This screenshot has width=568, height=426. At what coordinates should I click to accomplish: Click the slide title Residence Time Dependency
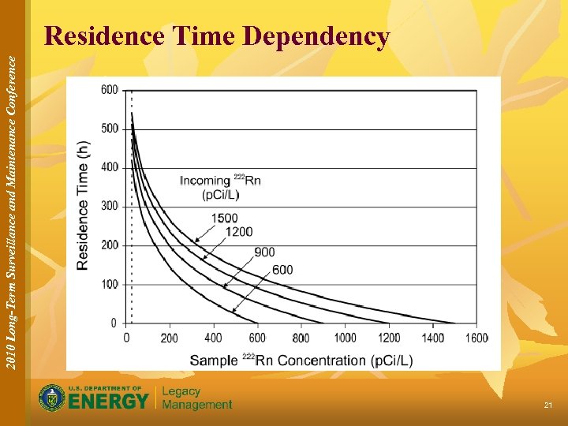tap(217, 36)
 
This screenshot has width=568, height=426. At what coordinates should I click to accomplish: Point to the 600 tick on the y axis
tap(110, 90)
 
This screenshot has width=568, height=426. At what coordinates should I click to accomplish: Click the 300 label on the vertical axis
tap(110, 206)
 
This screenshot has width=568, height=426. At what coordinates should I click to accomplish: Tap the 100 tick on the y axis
tap(110, 284)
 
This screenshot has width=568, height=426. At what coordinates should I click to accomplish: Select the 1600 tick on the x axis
tap(476, 338)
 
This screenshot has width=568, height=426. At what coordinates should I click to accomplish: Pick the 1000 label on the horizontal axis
tap(345, 338)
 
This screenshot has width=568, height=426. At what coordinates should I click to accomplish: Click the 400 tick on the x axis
tap(213, 338)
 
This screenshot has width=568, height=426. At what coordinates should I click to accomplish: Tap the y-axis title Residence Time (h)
tap(83, 206)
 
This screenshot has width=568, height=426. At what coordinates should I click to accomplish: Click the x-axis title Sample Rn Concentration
tap(301, 361)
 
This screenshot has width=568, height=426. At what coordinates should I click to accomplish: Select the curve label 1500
tap(224, 218)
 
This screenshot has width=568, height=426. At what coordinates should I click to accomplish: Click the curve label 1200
tap(239, 231)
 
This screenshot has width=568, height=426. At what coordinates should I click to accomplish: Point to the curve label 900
tap(264, 252)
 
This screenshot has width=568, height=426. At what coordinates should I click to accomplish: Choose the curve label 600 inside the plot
tap(282, 270)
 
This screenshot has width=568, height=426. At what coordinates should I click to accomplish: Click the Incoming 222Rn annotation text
tap(220, 187)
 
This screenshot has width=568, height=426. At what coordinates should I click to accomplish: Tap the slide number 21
tap(547, 405)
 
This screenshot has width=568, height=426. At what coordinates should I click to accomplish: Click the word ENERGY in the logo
tap(108, 402)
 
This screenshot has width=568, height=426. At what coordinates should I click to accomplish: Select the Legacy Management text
tap(197, 398)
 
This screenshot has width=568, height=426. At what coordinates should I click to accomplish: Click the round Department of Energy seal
tap(52, 398)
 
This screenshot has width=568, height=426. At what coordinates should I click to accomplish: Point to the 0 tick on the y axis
tap(114, 323)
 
